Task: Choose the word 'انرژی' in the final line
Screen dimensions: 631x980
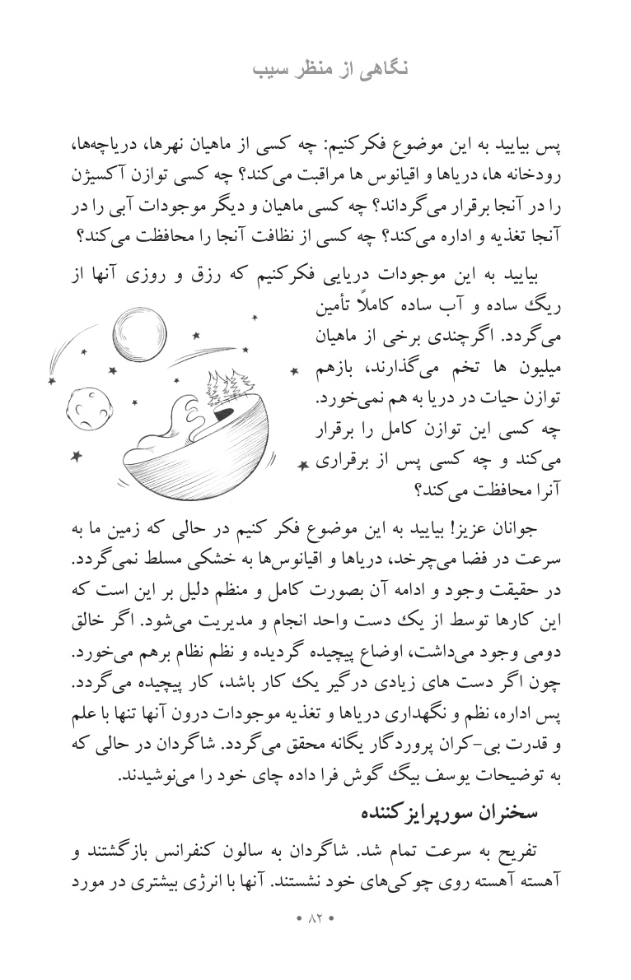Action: [x=187, y=879]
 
